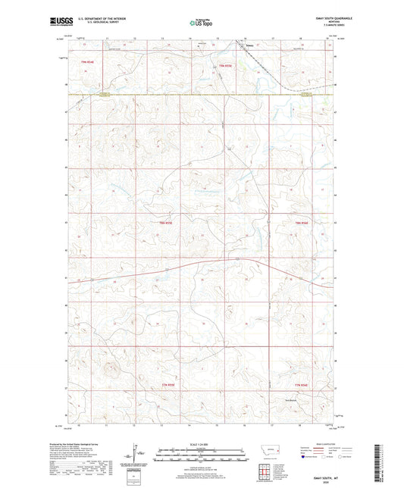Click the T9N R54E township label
[80, 61]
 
